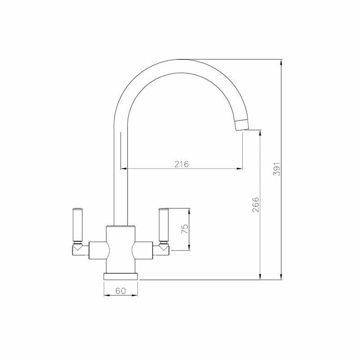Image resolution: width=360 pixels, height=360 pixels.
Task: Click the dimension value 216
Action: (181, 164)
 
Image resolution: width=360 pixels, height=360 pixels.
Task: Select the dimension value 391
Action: (277, 169)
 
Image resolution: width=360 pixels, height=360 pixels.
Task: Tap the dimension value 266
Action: (256, 205)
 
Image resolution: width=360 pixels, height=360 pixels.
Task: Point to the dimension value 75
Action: (185, 229)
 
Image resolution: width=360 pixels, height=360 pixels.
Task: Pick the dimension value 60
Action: (121, 291)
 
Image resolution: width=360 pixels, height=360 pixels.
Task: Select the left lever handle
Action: (77, 225)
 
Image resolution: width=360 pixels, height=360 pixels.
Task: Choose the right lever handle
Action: (164, 225)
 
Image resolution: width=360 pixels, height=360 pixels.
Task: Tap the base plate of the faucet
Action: (121, 276)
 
